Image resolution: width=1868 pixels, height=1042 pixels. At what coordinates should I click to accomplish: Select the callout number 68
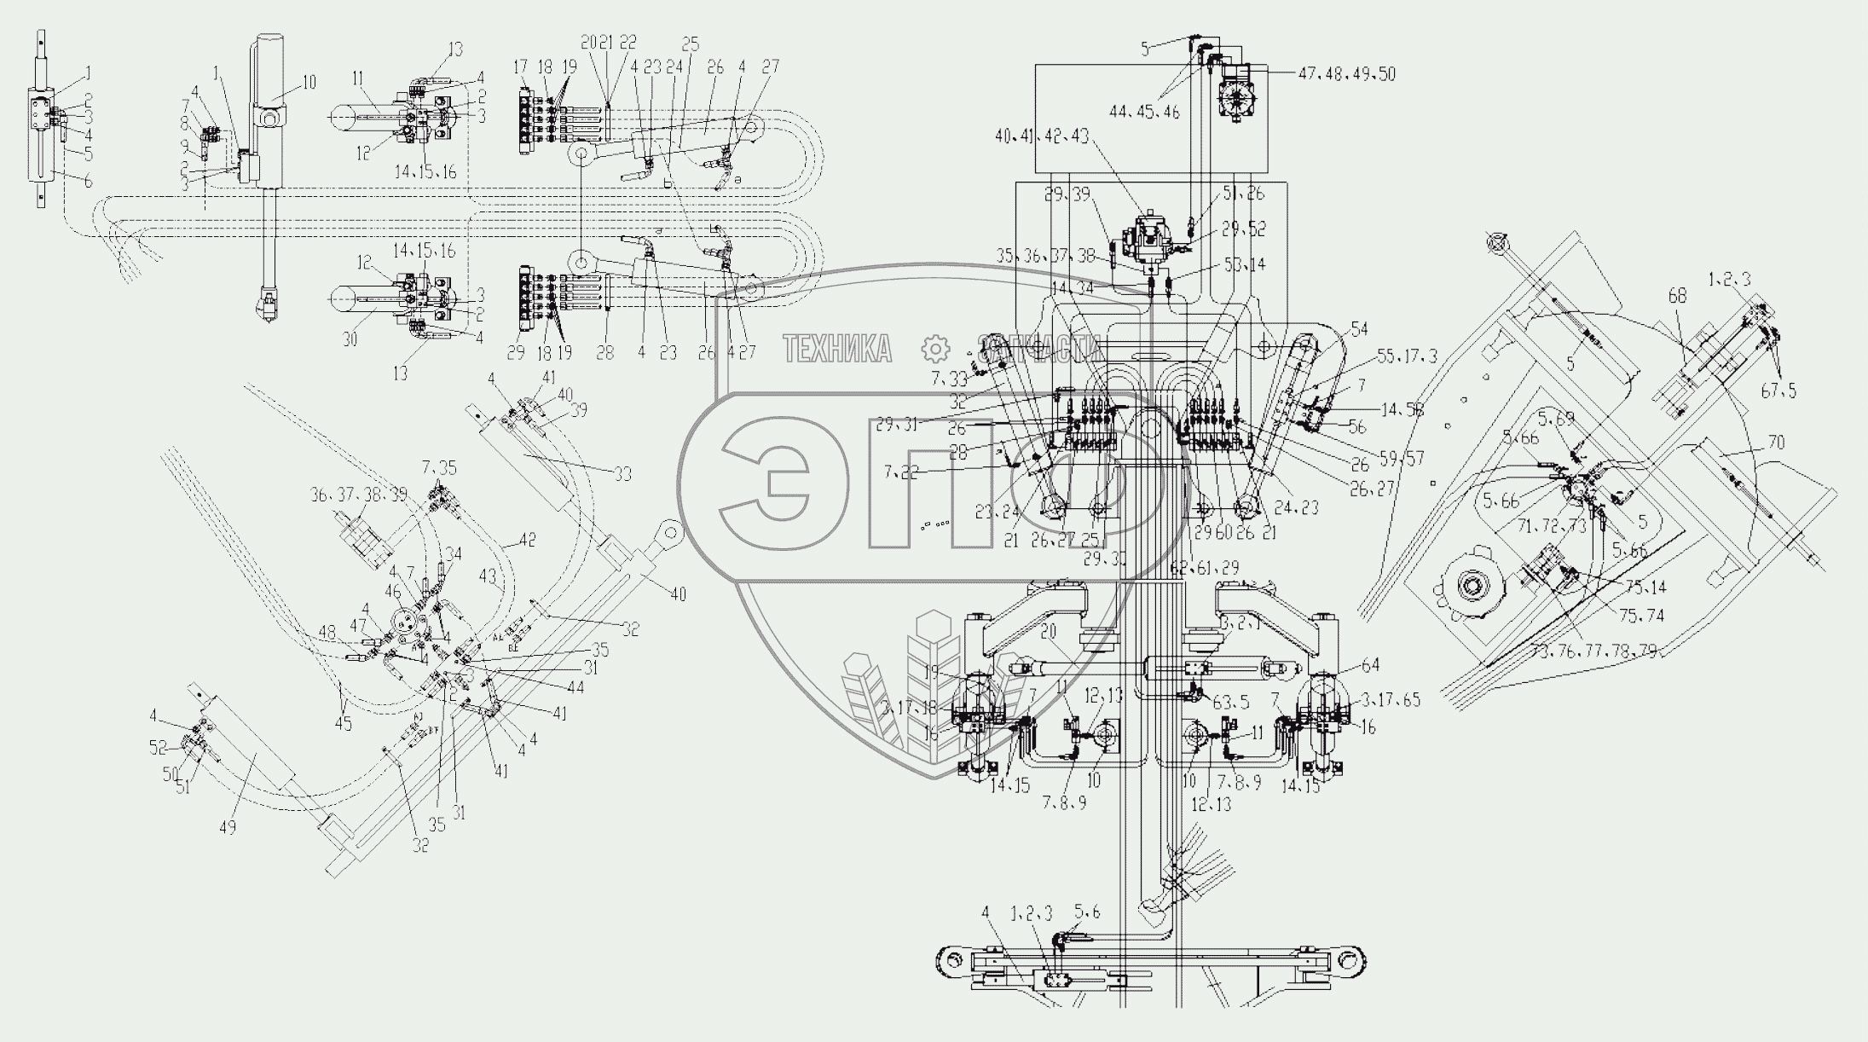click(1678, 296)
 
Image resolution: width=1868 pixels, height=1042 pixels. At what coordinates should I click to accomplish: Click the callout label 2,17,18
click(911, 706)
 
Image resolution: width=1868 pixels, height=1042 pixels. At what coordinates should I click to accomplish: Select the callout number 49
click(228, 826)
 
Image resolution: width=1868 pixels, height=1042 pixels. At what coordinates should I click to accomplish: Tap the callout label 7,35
click(439, 467)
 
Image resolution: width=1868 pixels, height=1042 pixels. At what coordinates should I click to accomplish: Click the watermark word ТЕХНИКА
click(837, 349)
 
